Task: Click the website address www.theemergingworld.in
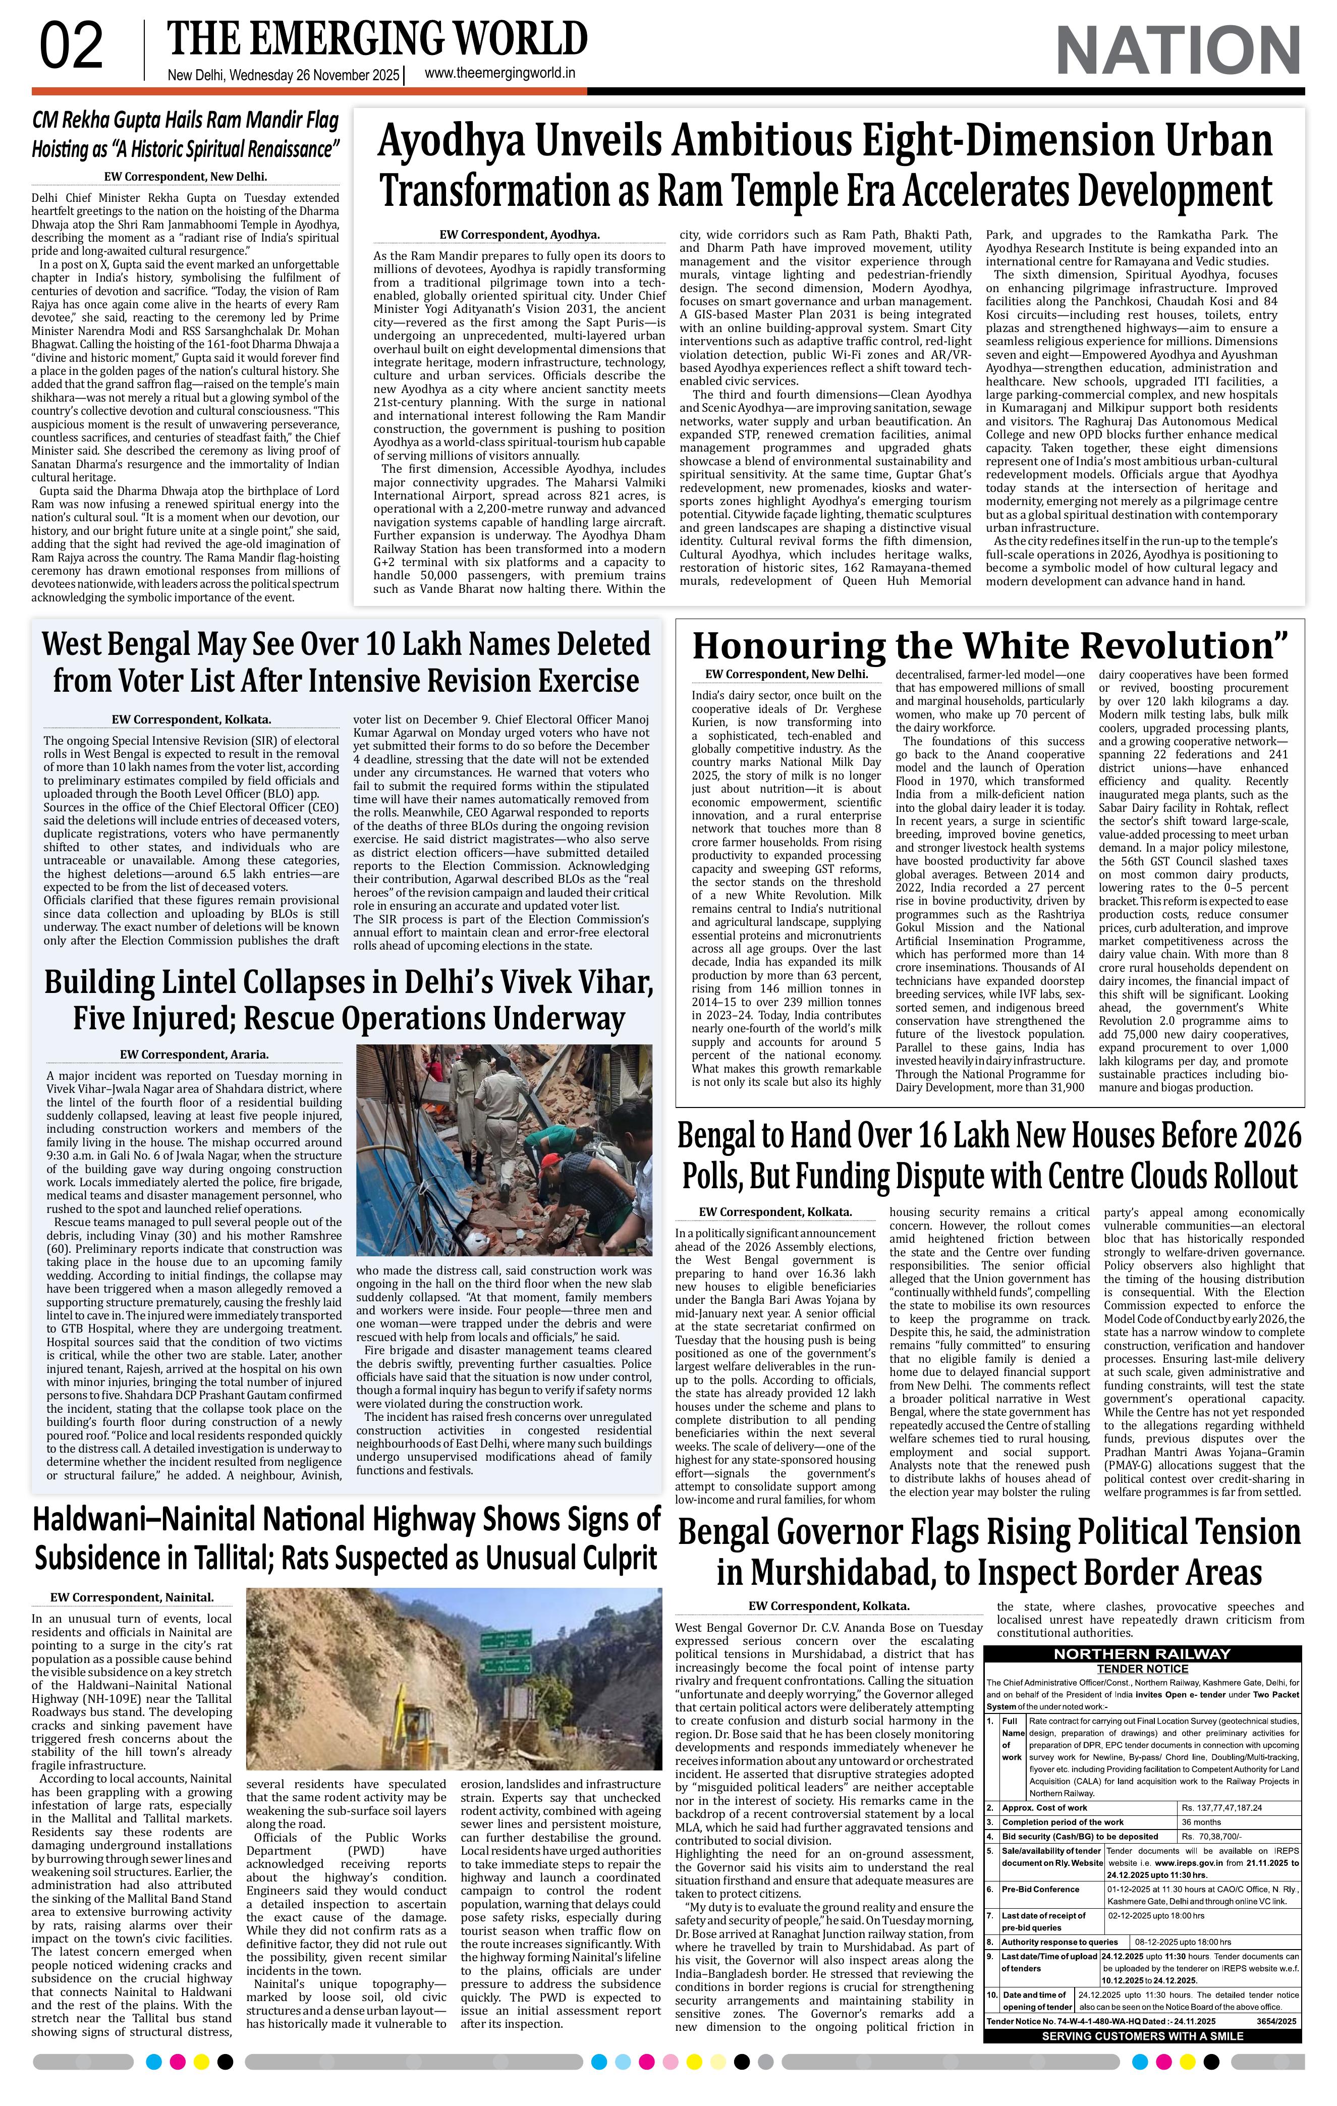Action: [499, 74]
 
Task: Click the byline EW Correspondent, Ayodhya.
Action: [519, 235]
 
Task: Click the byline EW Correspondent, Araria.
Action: [194, 1055]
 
